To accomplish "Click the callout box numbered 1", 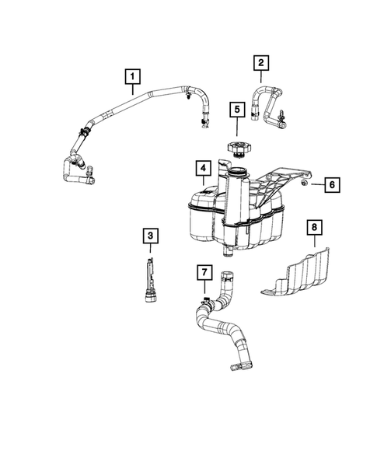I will (x=133, y=76).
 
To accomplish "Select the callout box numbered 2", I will (x=262, y=62).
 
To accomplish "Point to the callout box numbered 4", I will (x=201, y=169).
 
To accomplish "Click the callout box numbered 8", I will (x=314, y=228).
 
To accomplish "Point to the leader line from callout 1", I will (x=133, y=89).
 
